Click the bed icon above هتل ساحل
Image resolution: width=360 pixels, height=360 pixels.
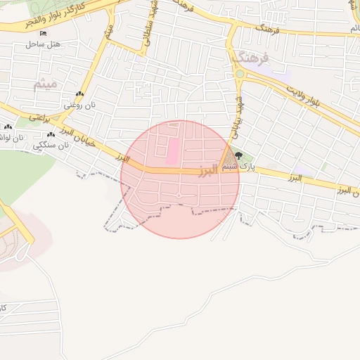44,33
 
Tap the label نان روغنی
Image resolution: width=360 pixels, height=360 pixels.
79,105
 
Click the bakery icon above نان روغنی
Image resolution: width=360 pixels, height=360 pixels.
79,94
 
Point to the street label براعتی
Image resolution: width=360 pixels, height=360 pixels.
40,118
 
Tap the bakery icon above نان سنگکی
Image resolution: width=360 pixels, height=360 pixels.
51,134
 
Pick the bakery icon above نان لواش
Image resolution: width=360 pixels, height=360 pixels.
8,127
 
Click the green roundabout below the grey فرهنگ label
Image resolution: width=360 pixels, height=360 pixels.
239,73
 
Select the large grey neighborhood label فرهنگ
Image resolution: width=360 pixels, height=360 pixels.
254,57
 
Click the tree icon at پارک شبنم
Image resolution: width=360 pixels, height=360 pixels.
240,156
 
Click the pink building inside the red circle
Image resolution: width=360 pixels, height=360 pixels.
172,151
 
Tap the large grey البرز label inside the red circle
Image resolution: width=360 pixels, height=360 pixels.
208,171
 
